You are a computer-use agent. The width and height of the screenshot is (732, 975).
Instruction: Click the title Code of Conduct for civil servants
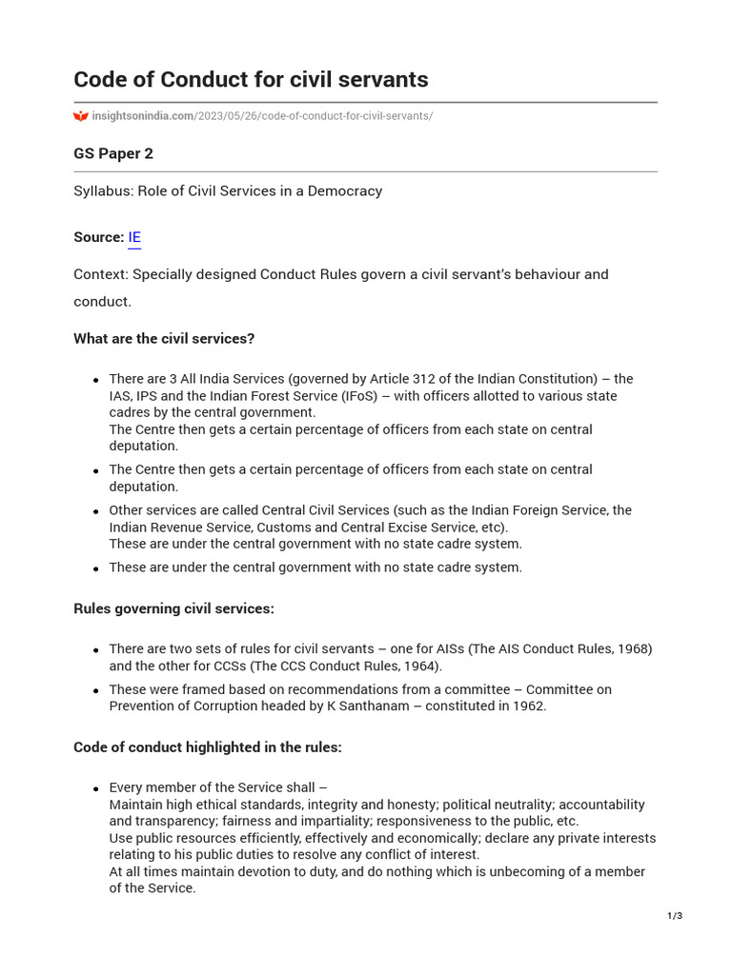(251, 79)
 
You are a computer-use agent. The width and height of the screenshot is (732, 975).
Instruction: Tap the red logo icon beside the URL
(81, 116)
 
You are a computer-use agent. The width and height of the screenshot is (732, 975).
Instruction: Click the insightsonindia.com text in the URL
(142, 116)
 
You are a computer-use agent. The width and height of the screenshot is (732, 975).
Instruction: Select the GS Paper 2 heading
(113, 153)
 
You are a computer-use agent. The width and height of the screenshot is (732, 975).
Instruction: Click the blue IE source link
(134, 237)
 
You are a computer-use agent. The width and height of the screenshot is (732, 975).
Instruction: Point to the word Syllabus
(103, 190)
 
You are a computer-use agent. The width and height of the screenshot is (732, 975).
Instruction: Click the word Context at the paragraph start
(100, 274)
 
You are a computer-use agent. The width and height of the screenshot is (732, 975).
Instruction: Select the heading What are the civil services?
(164, 338)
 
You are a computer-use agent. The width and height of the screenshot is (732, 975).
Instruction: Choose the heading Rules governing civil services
(173, 608)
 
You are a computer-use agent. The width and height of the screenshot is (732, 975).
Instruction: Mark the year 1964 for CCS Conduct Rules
(421, 666)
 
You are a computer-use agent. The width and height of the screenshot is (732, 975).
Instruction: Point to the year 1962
(528, 706)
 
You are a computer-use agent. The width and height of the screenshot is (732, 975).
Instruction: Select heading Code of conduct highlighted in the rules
(207, 747)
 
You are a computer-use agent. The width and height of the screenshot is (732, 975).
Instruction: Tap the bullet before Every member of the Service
(96, 789)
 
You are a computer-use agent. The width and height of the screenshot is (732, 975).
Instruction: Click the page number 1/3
(675, 916)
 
